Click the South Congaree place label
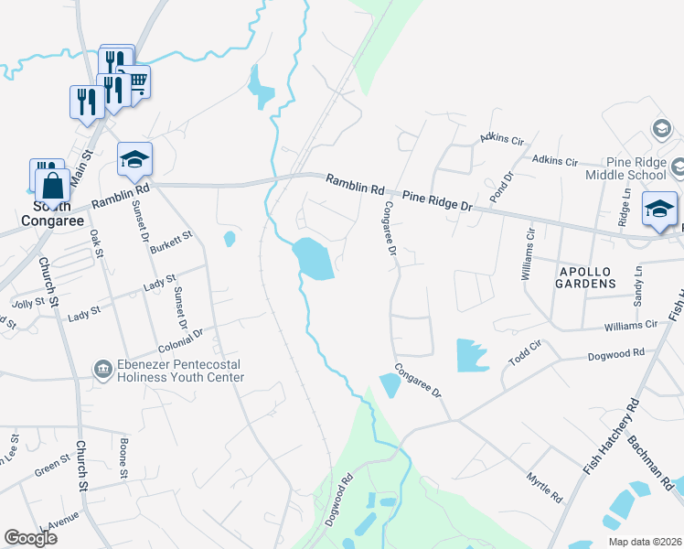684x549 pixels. coord(53,213)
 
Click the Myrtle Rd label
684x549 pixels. coord(544,487)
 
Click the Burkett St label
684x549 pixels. coord(172,242)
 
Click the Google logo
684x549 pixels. coord(31,538)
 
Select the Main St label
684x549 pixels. coord(83,165)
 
